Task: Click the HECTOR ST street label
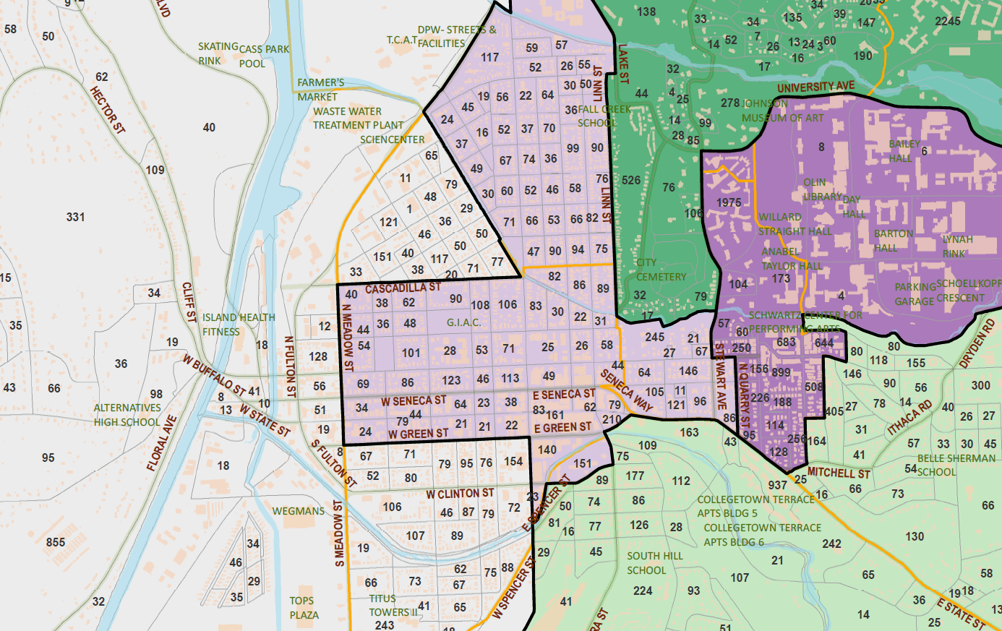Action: click(108, 110)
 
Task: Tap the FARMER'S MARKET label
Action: click(320, 90)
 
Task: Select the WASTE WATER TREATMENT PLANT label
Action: click(358, 119)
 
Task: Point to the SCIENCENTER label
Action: click(392, 139)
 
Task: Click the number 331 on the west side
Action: click(75, 217)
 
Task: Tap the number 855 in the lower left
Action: click(56, 542)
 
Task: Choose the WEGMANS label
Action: click(299, 511)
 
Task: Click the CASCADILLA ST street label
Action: click(402, 288)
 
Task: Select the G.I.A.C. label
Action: click(463, 322)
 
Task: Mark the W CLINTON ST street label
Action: click(460, 494)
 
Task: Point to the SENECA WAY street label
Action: click(626, 391)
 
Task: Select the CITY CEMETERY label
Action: click(661, 270)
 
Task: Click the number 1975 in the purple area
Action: click(729, 202)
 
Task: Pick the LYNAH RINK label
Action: click(956, 246)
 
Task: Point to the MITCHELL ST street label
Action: click(839, 473)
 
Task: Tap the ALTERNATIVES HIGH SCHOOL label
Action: click(127, 415)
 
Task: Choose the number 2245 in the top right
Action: click(947, 22)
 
